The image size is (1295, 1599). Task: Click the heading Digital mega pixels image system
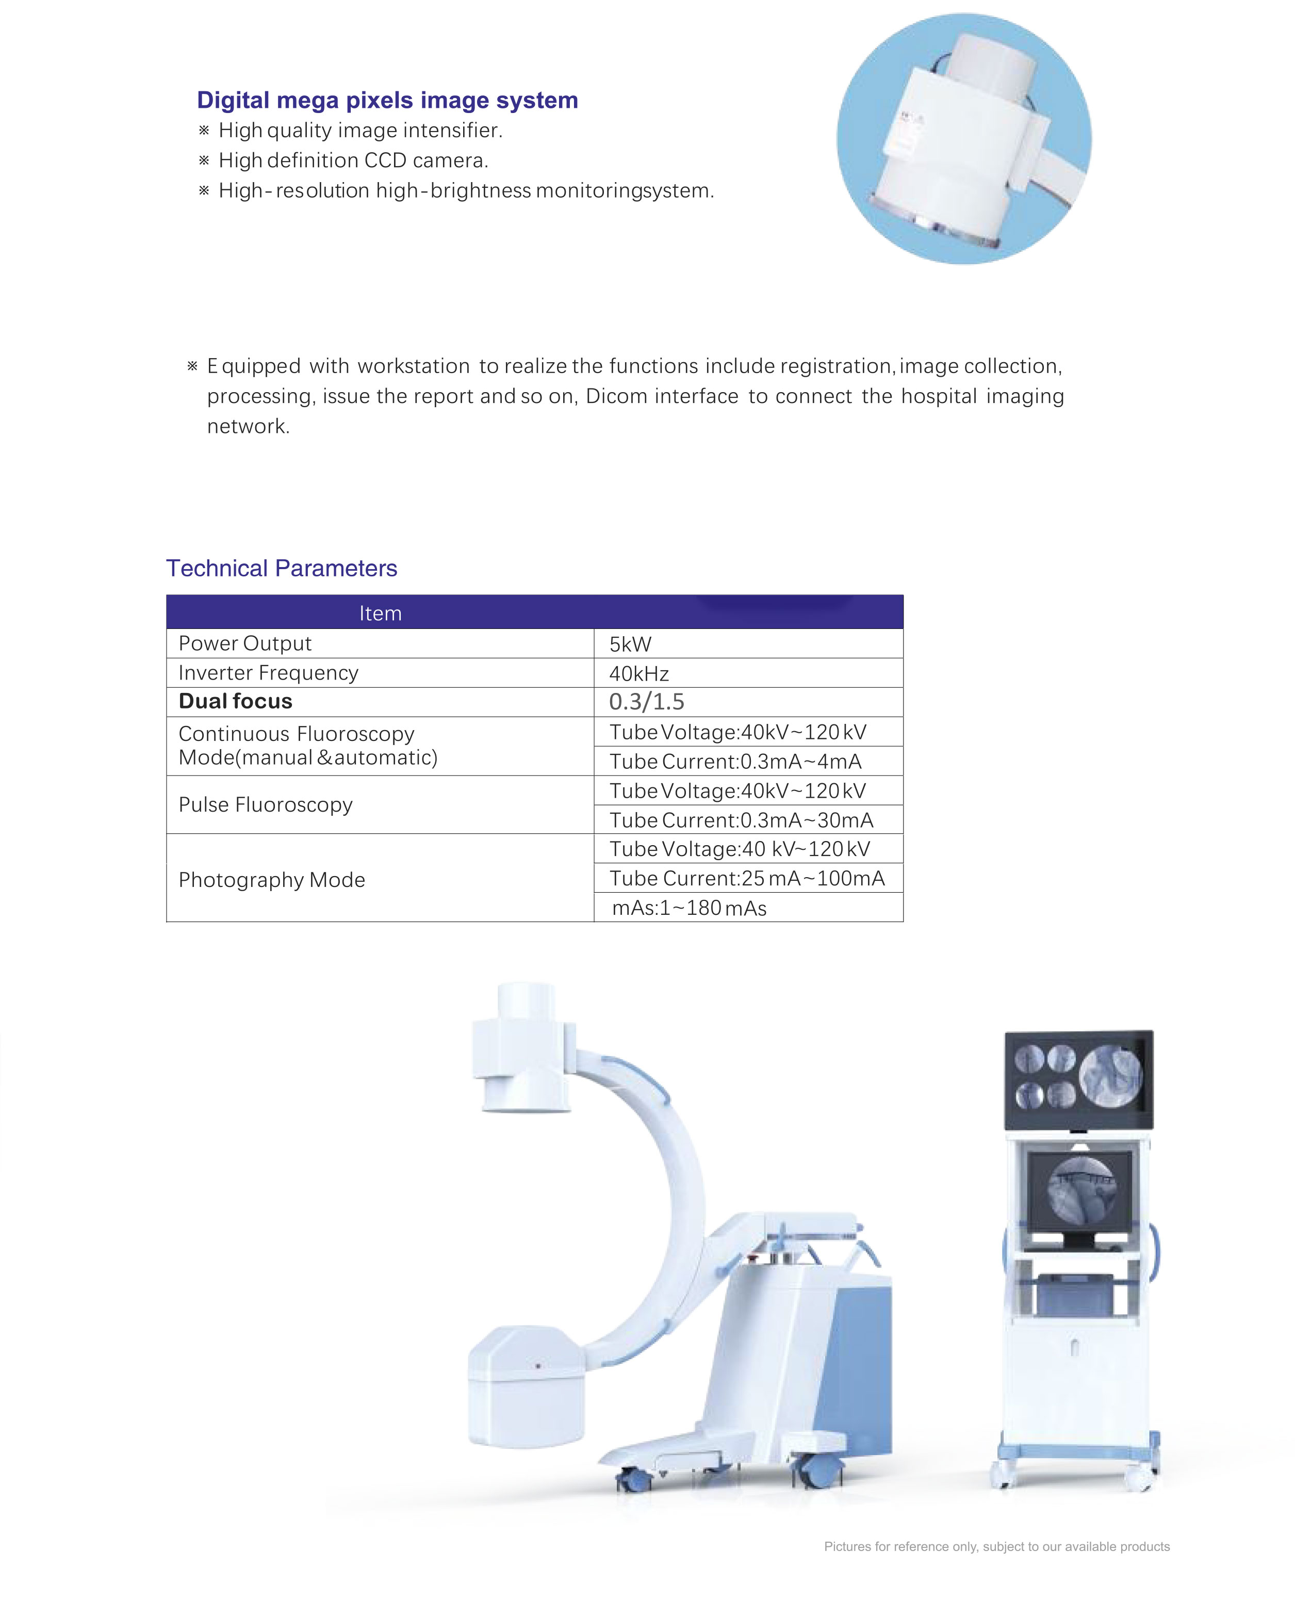(x=387, y=100)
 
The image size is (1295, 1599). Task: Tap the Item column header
(x=381, y=613)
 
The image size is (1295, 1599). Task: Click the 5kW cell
(x=630, y=644)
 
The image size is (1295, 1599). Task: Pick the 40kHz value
(x=638, y=674)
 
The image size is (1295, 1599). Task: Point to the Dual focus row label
(x=236, y=701)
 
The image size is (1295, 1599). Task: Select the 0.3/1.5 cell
(x=647, y=701)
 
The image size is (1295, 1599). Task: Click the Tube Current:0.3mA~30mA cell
(x=741, y=820)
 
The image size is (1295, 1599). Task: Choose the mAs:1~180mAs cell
(x=689, y=908)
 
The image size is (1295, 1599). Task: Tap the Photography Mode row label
(x=271, y=880)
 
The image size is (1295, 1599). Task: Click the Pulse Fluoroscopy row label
(x=266, y=804)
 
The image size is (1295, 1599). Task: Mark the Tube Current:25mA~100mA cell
(x=747, y=878)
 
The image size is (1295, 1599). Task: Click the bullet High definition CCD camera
(x=353, y=160)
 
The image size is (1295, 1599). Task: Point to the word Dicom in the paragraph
(x=617, y=396)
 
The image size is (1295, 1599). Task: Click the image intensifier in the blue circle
(x=962, y=138)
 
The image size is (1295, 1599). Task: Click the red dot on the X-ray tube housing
(x=538, y=1365)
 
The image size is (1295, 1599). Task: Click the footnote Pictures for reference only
(x=996, y=1547)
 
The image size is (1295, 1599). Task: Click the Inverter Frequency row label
(x=269, y=673)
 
